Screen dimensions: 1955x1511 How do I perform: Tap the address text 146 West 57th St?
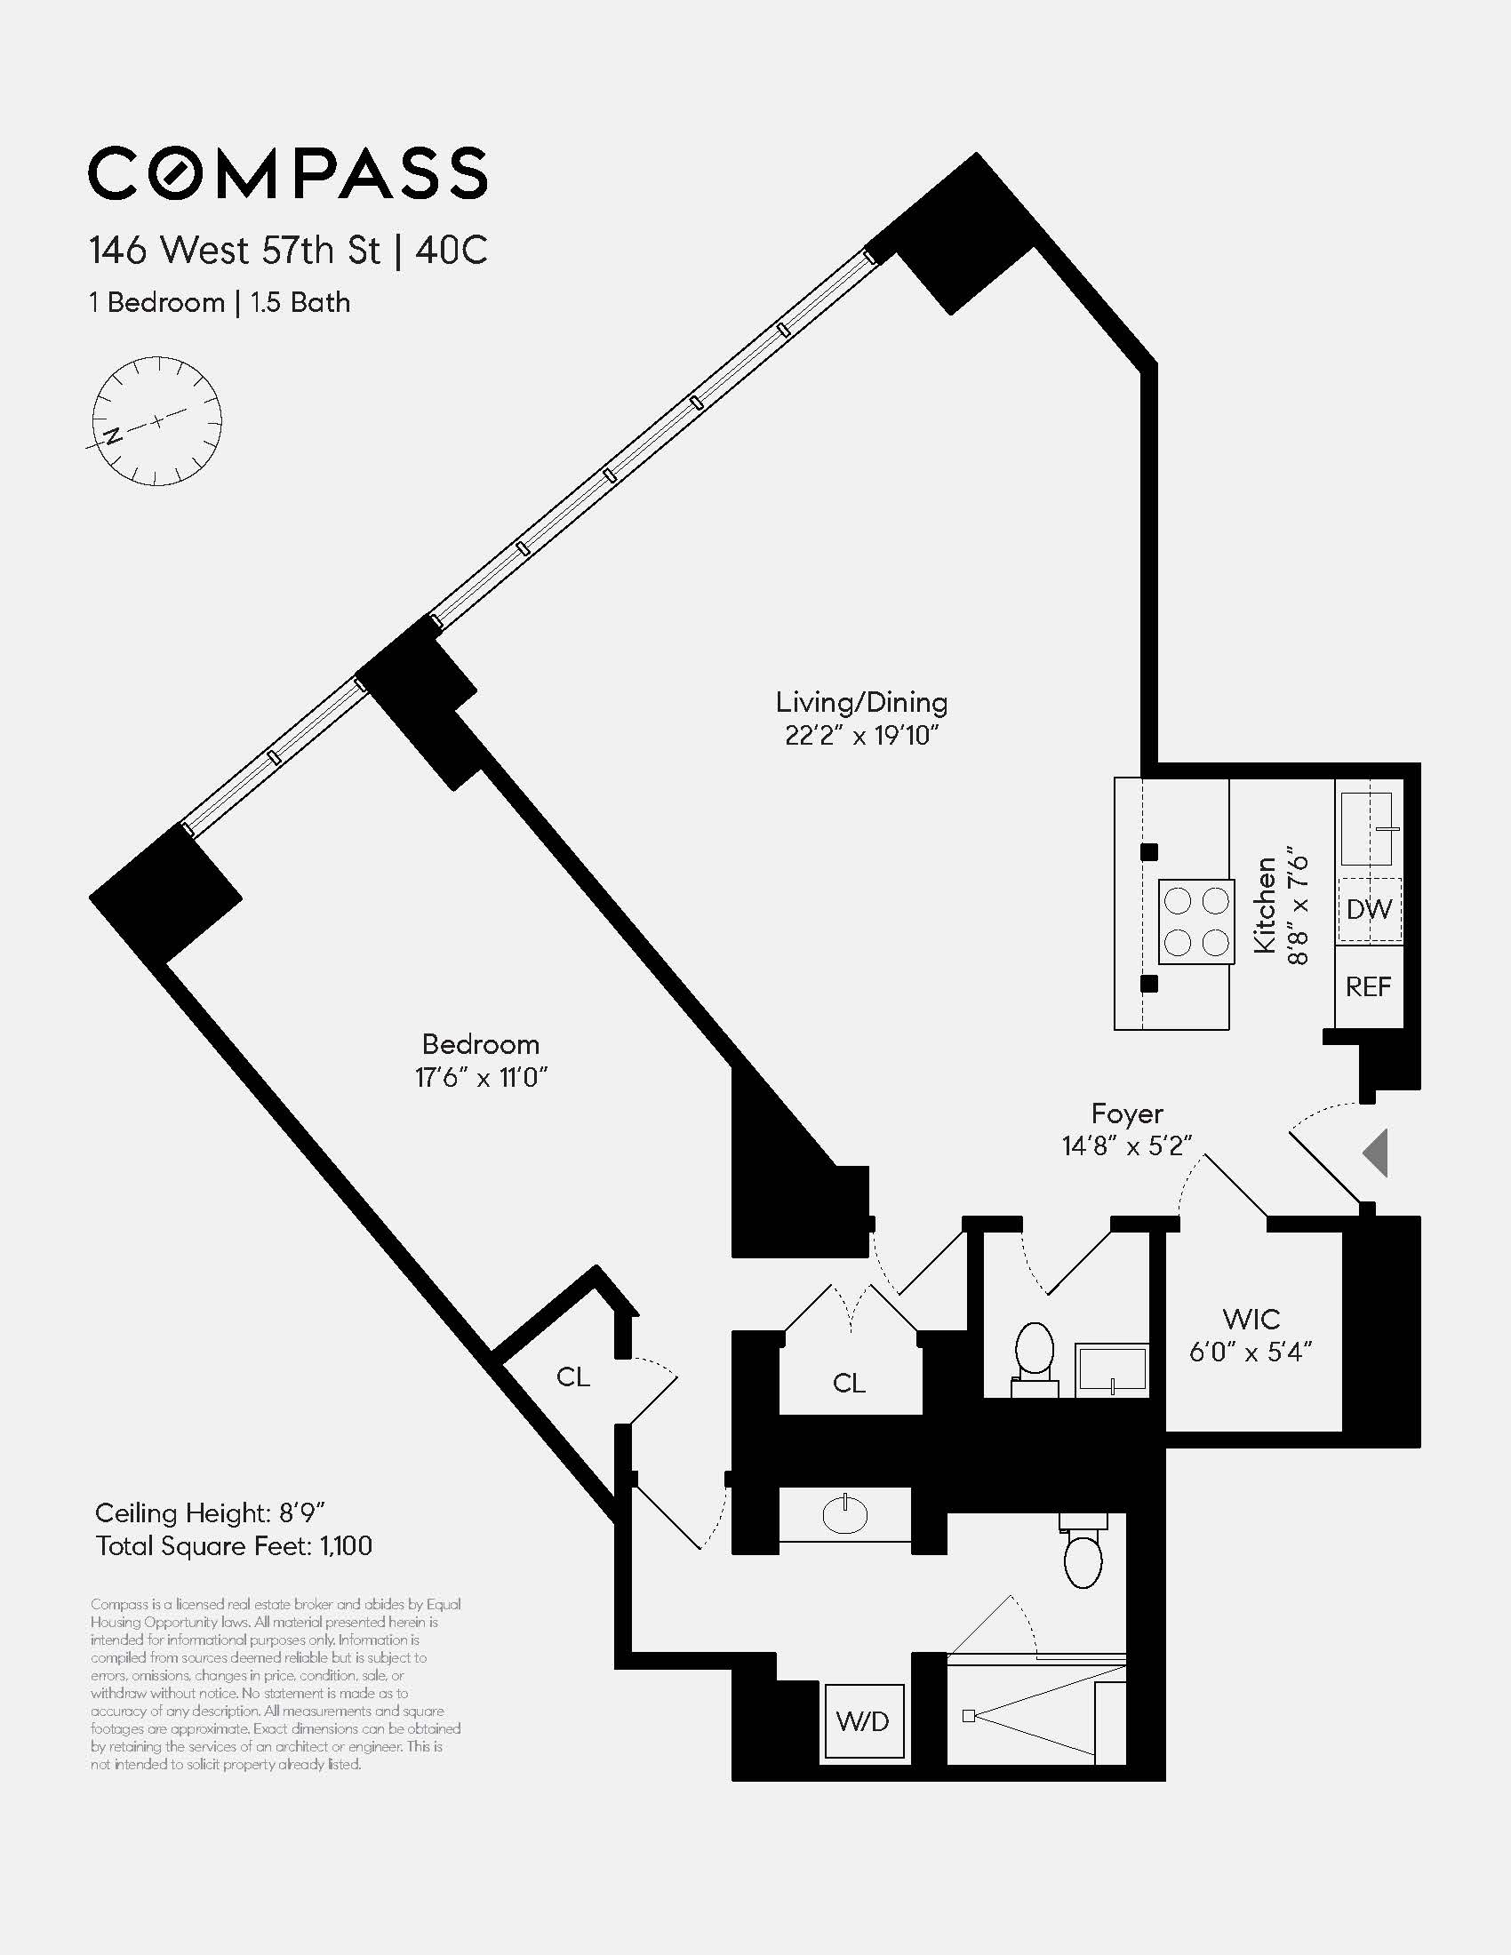pos(235,251)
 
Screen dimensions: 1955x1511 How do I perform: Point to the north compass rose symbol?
pos(156,420)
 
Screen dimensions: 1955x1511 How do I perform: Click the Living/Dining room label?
pos(861,703)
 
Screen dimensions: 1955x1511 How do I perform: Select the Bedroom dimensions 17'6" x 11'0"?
pos(481,1078)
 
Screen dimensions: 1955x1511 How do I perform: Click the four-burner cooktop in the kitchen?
pos(1195,922)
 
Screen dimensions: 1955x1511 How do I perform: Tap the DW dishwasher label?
pos(1369,909)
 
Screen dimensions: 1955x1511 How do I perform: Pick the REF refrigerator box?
pos(1368,986)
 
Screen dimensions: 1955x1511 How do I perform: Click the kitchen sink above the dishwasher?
pos(1367,828)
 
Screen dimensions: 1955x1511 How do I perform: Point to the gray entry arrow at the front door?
pos(1376,1153)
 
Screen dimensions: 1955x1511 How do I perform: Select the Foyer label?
pos(1127,1113)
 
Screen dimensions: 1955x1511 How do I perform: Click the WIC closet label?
pos(1251,1319)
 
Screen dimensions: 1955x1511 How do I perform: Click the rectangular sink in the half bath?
pos(1112,1368)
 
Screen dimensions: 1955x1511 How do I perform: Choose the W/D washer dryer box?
pos(863,1720)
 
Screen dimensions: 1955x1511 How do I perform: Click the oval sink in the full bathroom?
pos(845,1514)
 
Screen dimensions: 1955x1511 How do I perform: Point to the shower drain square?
pos(969,1716)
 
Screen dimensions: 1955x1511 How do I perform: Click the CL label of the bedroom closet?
pos(573,1376)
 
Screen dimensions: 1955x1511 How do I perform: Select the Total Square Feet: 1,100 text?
pos(235,1546)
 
